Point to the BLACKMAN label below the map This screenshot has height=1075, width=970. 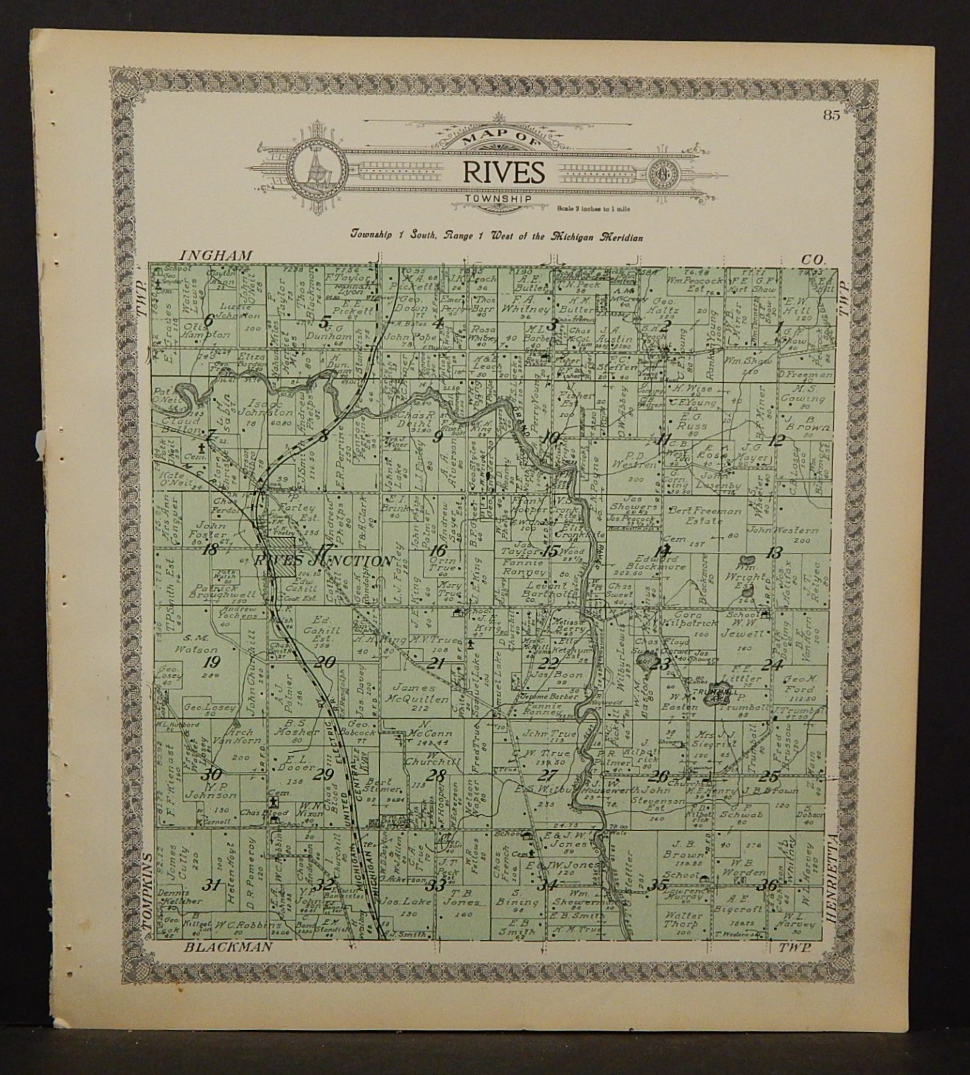click(x=229, y=947)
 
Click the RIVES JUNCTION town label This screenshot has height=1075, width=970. click(x=322, y=561)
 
